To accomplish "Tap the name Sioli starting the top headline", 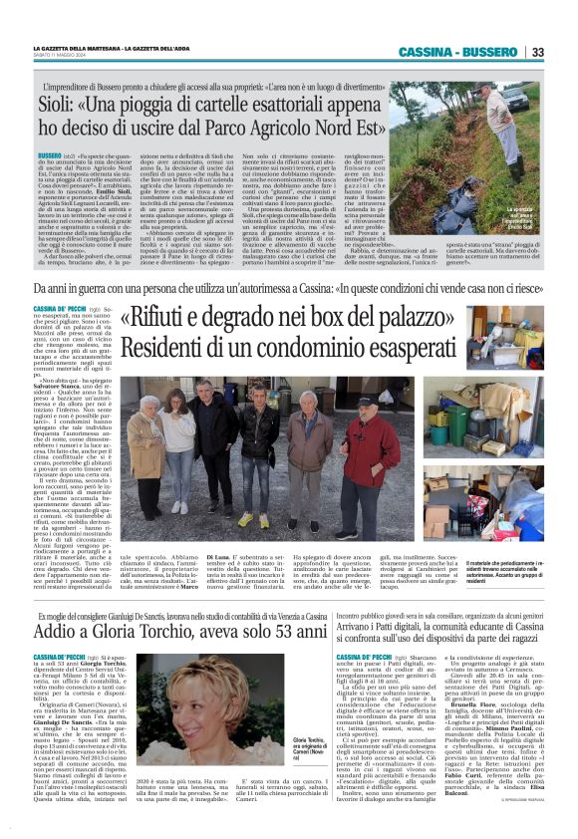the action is pyautogui.click(x=84, y=101).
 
